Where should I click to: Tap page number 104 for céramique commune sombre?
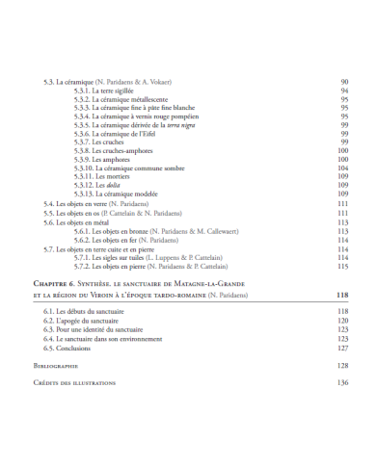342,168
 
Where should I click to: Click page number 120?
342,321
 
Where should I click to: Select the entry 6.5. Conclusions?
75,347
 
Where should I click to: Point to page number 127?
342,347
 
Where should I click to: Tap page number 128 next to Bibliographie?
342,366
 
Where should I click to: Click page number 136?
342,382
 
